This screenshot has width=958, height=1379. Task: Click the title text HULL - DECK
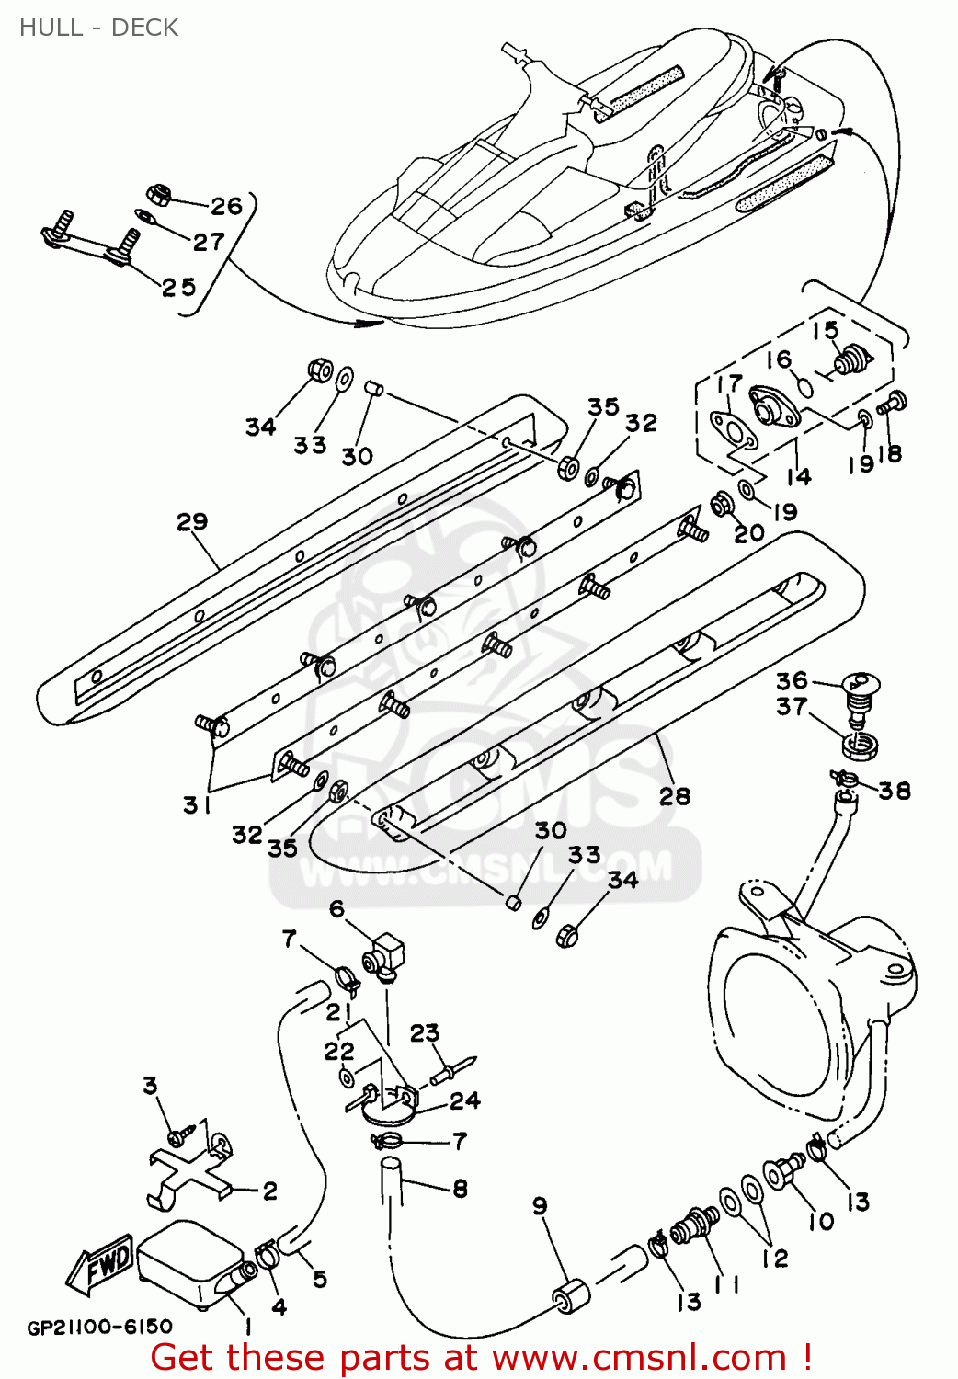click(98, 28)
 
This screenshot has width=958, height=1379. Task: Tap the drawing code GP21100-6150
click(99, 1327)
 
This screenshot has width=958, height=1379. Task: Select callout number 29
click(192, 522)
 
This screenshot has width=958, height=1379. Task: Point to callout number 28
click(674, 796)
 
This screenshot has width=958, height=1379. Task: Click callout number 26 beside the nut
click(226, 206)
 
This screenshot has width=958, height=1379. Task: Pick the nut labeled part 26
click(158, 194)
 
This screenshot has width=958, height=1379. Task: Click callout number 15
click(825, 330)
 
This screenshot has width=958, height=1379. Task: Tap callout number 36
click(792, 680)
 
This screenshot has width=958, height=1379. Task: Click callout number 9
click(540, 1205)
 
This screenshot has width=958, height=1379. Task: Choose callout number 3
click(151, 1086)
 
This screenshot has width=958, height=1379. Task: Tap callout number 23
click(425, 1033)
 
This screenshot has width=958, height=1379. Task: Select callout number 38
click(894, 791)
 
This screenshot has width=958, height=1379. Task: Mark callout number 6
click(337, 909)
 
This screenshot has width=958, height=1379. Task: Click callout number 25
click(178, 287)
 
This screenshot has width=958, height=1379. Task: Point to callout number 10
click(820, 1221)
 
